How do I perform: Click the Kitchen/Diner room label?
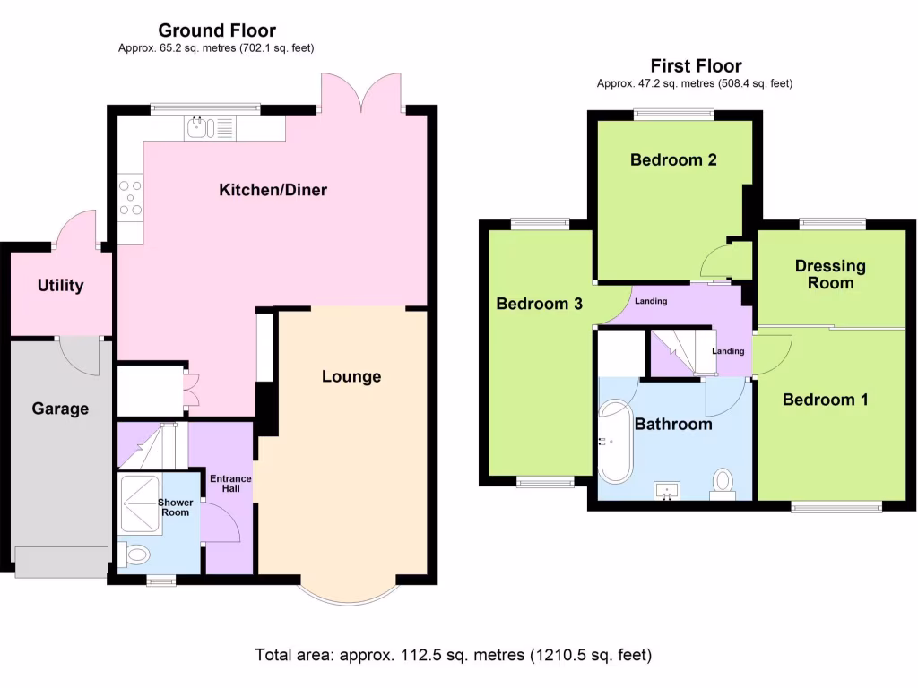273,190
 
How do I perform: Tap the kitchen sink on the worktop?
201,129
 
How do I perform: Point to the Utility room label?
60,286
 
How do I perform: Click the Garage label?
60,408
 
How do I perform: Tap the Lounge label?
351,376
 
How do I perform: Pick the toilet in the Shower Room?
134,556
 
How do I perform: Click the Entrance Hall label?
230,485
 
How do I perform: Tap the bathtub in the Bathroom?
616,441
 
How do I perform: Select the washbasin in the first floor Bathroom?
668,490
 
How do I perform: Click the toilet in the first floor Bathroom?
722,484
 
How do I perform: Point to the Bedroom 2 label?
673,160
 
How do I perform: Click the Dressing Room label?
830,274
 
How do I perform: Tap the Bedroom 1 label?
825,400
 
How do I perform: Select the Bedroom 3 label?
540,304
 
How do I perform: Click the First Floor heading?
696,66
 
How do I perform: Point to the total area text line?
453,654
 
